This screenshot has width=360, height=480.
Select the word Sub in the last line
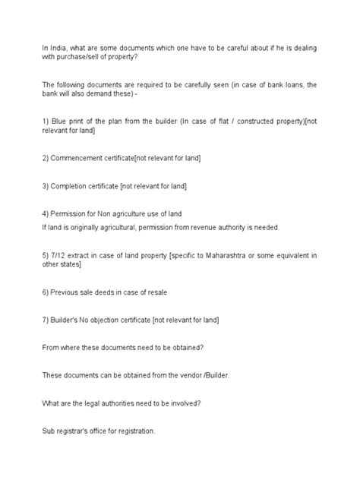coord(49,431)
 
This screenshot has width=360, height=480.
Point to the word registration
coord(135,431)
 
